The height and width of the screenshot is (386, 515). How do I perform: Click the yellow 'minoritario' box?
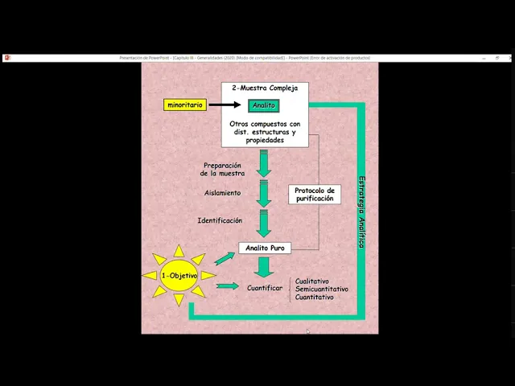click(185, 105)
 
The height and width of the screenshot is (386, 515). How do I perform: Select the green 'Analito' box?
click(263, 105)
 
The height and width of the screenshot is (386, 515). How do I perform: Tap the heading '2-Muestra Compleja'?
click(265, 88)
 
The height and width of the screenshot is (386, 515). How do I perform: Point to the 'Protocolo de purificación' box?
click(314, 194)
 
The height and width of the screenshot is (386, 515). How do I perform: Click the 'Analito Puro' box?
click(265, 248)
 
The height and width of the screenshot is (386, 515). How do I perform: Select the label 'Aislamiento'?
click(222, 193)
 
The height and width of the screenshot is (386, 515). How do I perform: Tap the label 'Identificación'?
click(220, 220)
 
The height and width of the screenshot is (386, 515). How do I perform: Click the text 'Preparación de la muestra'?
click(222, 169)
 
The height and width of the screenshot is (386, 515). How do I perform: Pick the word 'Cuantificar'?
click(264, 287)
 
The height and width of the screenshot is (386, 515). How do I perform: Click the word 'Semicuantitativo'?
click(321, 289)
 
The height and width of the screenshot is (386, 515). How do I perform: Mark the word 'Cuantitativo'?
click(315, 297)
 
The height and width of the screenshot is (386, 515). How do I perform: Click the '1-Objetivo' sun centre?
click(179, 276)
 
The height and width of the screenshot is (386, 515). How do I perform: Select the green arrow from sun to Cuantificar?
click(228, 285)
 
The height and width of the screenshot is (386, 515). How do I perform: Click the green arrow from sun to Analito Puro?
click(225, 258)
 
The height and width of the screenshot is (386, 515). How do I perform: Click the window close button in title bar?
click(509, 58)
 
